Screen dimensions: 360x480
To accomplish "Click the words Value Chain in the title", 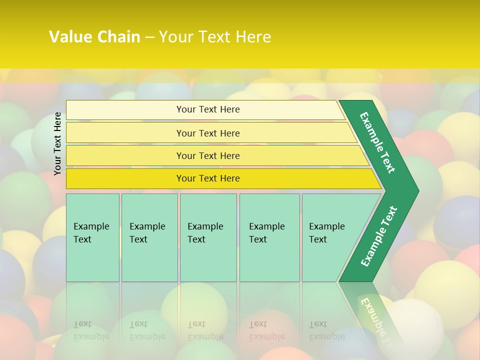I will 94,37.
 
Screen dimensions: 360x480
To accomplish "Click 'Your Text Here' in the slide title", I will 215,37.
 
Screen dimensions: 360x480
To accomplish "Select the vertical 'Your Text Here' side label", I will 58,143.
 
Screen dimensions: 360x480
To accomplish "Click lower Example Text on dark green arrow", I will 379,236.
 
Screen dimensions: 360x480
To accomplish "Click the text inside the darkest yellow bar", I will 208,178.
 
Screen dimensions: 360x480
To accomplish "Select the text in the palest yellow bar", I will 208,109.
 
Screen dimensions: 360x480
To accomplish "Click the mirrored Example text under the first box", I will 91,330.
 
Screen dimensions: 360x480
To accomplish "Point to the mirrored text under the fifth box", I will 326,330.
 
